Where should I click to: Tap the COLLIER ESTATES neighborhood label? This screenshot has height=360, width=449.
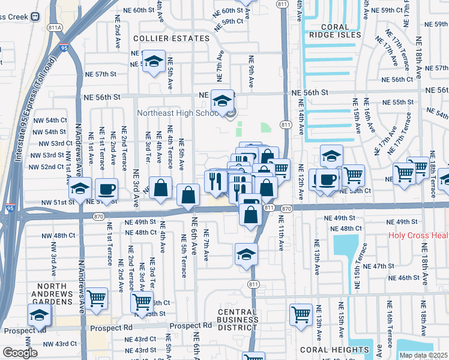[171, 38]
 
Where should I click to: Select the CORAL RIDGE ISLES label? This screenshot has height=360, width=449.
[341, 31]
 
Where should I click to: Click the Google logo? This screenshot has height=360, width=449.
[20, 352]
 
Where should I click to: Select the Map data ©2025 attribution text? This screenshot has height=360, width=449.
[423, 355]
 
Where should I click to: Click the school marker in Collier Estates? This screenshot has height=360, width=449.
[154, 62]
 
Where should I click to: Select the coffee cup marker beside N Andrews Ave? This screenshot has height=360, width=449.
[107, 189]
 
